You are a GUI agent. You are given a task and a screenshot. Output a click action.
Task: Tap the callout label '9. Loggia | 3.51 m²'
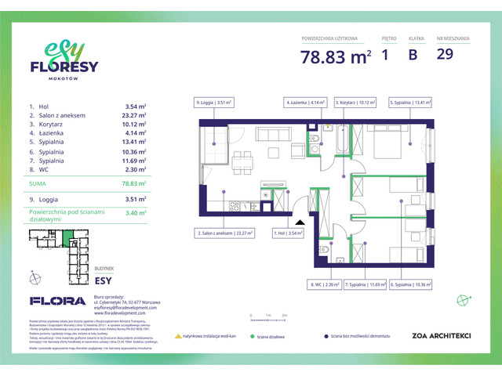(x=214, y=102)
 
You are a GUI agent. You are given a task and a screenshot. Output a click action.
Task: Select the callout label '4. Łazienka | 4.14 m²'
(x=304, y=102)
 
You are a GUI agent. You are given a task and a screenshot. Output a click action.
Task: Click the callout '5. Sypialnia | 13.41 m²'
(x=410, y=102)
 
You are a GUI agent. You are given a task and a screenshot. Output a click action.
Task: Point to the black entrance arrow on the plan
(x=300, y=221)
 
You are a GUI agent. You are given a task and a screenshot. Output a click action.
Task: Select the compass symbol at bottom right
(x=465, y=299)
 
